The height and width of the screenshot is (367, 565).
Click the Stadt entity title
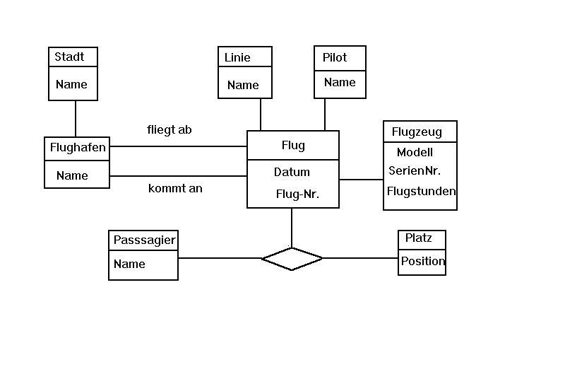click(69, 57)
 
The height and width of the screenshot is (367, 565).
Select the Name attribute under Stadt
click(71, 84)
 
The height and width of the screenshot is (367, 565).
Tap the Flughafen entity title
click(78, 148)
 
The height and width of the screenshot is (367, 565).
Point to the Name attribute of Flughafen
click(72, 175)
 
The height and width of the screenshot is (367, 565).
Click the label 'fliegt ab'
click(169, 130)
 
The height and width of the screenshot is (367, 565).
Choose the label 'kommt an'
click(175, 189)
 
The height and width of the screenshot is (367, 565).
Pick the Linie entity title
click(237, 57)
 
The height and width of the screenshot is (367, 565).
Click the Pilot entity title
click(335, 57)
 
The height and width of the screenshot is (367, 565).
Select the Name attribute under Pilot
click(340, 82)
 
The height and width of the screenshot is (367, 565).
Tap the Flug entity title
click(293, 146)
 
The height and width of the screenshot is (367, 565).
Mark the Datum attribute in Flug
click(292, 172)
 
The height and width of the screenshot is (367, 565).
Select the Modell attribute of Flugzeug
click(415, 152)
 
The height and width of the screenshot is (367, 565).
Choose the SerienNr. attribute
click(415, 170)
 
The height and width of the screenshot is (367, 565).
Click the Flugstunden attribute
click(421, 191)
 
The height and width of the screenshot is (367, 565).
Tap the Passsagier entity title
click(144, 240)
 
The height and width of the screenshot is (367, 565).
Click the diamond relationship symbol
click(292, 259)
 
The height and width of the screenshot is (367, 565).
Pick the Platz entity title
click(419, 238)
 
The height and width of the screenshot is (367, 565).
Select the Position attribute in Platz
click(423, 261)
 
